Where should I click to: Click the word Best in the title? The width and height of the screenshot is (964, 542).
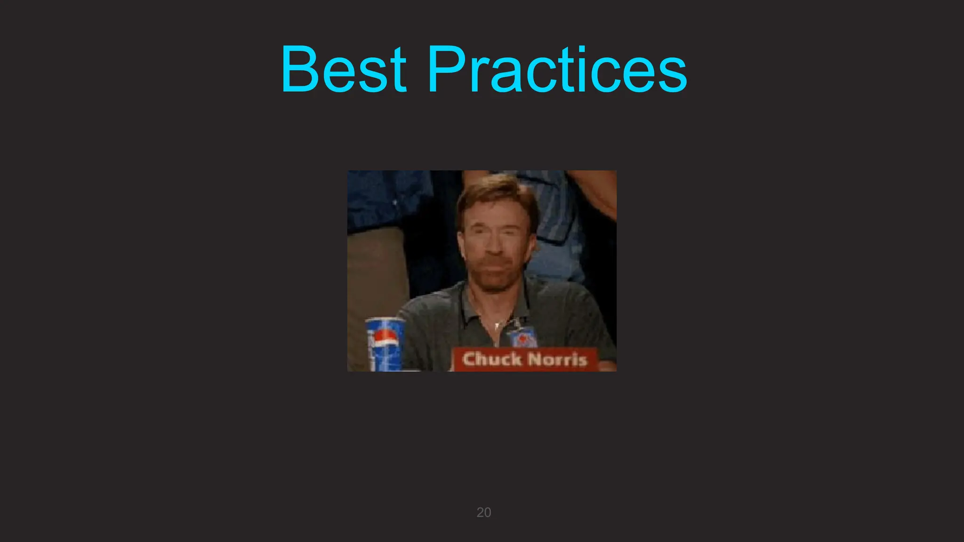pos(343,69)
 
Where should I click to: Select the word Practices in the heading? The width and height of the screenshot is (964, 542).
pos(557,69)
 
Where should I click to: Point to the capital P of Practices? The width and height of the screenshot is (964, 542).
pos(447,69)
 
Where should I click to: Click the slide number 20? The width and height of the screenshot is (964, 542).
pos(483,512)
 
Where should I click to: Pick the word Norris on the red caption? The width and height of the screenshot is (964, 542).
pos(557,360)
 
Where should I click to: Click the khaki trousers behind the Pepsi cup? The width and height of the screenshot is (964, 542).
pos(377,273)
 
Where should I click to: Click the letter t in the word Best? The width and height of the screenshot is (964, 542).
pos(399,71)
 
